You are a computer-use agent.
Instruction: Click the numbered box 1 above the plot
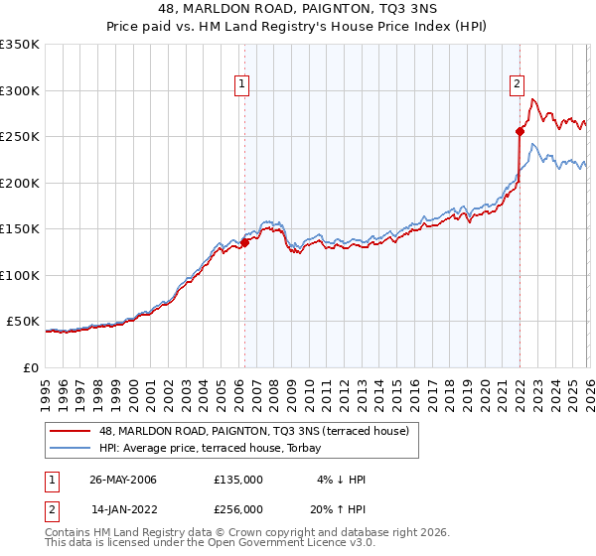click(x=243, y=85)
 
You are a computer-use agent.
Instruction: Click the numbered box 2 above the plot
click(x=518, y=85)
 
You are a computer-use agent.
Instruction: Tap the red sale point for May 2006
click(x=244, y=242)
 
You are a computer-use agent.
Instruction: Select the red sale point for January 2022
click(x=520, y=130)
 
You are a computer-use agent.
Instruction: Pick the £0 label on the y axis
click(x=30, y=367)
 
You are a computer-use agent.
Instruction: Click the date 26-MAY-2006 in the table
click(x=123, y=480)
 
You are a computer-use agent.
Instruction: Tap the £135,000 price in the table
click(x=238, y=480)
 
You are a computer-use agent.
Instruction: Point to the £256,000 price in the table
click(x=238, y=508)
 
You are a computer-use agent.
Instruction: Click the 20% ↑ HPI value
click(x=339, y=508)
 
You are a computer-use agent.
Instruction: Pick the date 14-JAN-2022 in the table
click(x=123, y=508)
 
